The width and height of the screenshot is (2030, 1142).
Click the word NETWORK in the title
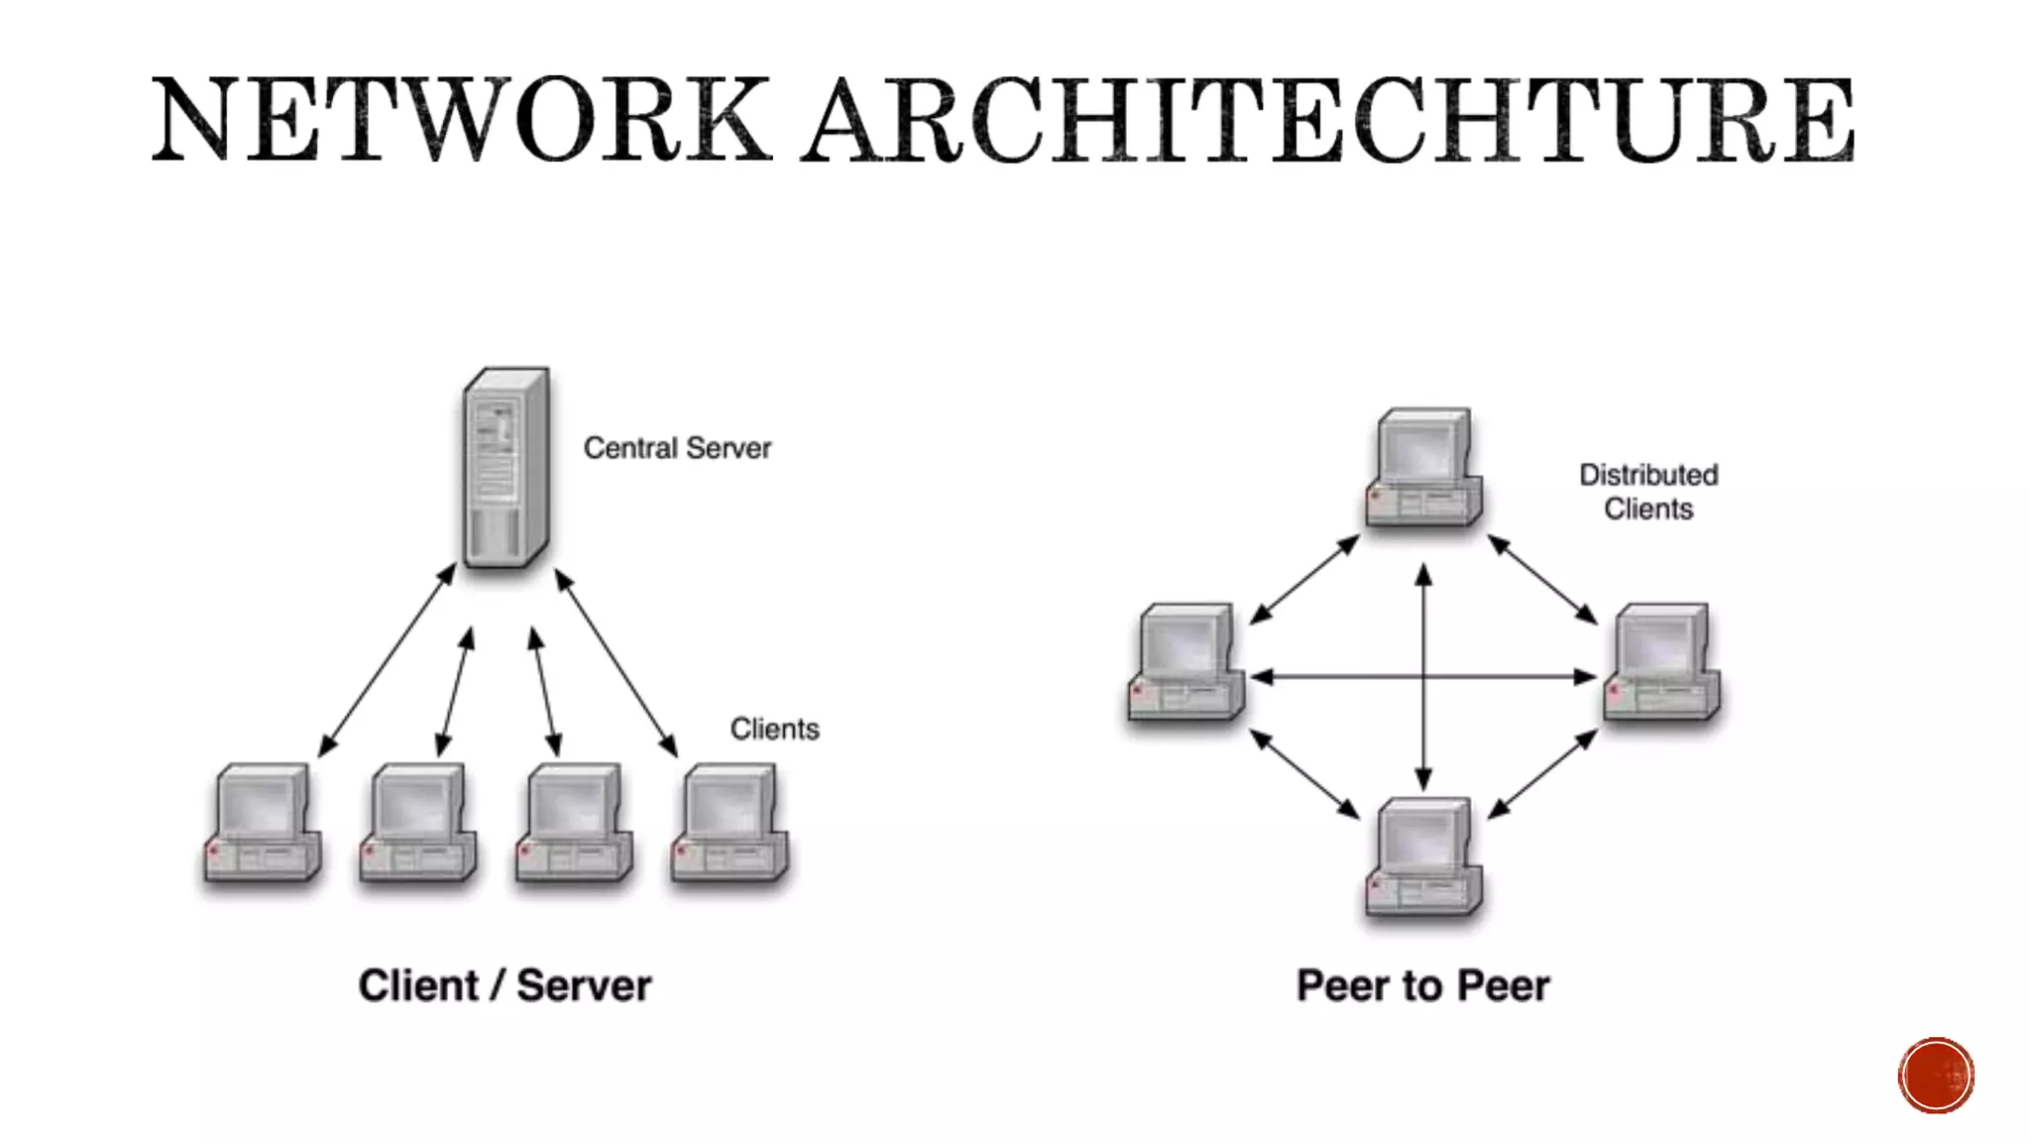click(461, 120)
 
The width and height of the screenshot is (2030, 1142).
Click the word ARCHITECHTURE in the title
click(1328, 120)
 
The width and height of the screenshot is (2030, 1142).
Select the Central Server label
click(677, 448)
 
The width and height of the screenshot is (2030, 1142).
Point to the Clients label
click(774, 729)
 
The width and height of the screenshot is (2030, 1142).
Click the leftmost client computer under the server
click(263, 823)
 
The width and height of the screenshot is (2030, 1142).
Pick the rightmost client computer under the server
click(730, 823)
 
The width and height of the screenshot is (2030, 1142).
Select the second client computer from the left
click(418, 823)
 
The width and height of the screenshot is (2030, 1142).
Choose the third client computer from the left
click(574, 823)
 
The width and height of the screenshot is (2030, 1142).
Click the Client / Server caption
click(505, 985)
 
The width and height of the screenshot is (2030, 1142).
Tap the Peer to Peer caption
click(1422, 985)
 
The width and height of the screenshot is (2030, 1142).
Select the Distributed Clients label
click(1648, 492)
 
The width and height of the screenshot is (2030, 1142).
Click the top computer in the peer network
click(1424, 467)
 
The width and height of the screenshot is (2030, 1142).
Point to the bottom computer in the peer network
click(1424, 857)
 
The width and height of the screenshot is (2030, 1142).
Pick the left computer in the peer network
click(1186, 661)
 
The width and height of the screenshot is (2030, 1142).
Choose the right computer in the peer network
click(1662, 661)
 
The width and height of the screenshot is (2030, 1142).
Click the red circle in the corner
click(1936, 1076)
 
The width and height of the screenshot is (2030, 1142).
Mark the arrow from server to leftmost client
click(388, 660)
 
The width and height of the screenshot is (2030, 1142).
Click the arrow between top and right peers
click(1542, 580)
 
